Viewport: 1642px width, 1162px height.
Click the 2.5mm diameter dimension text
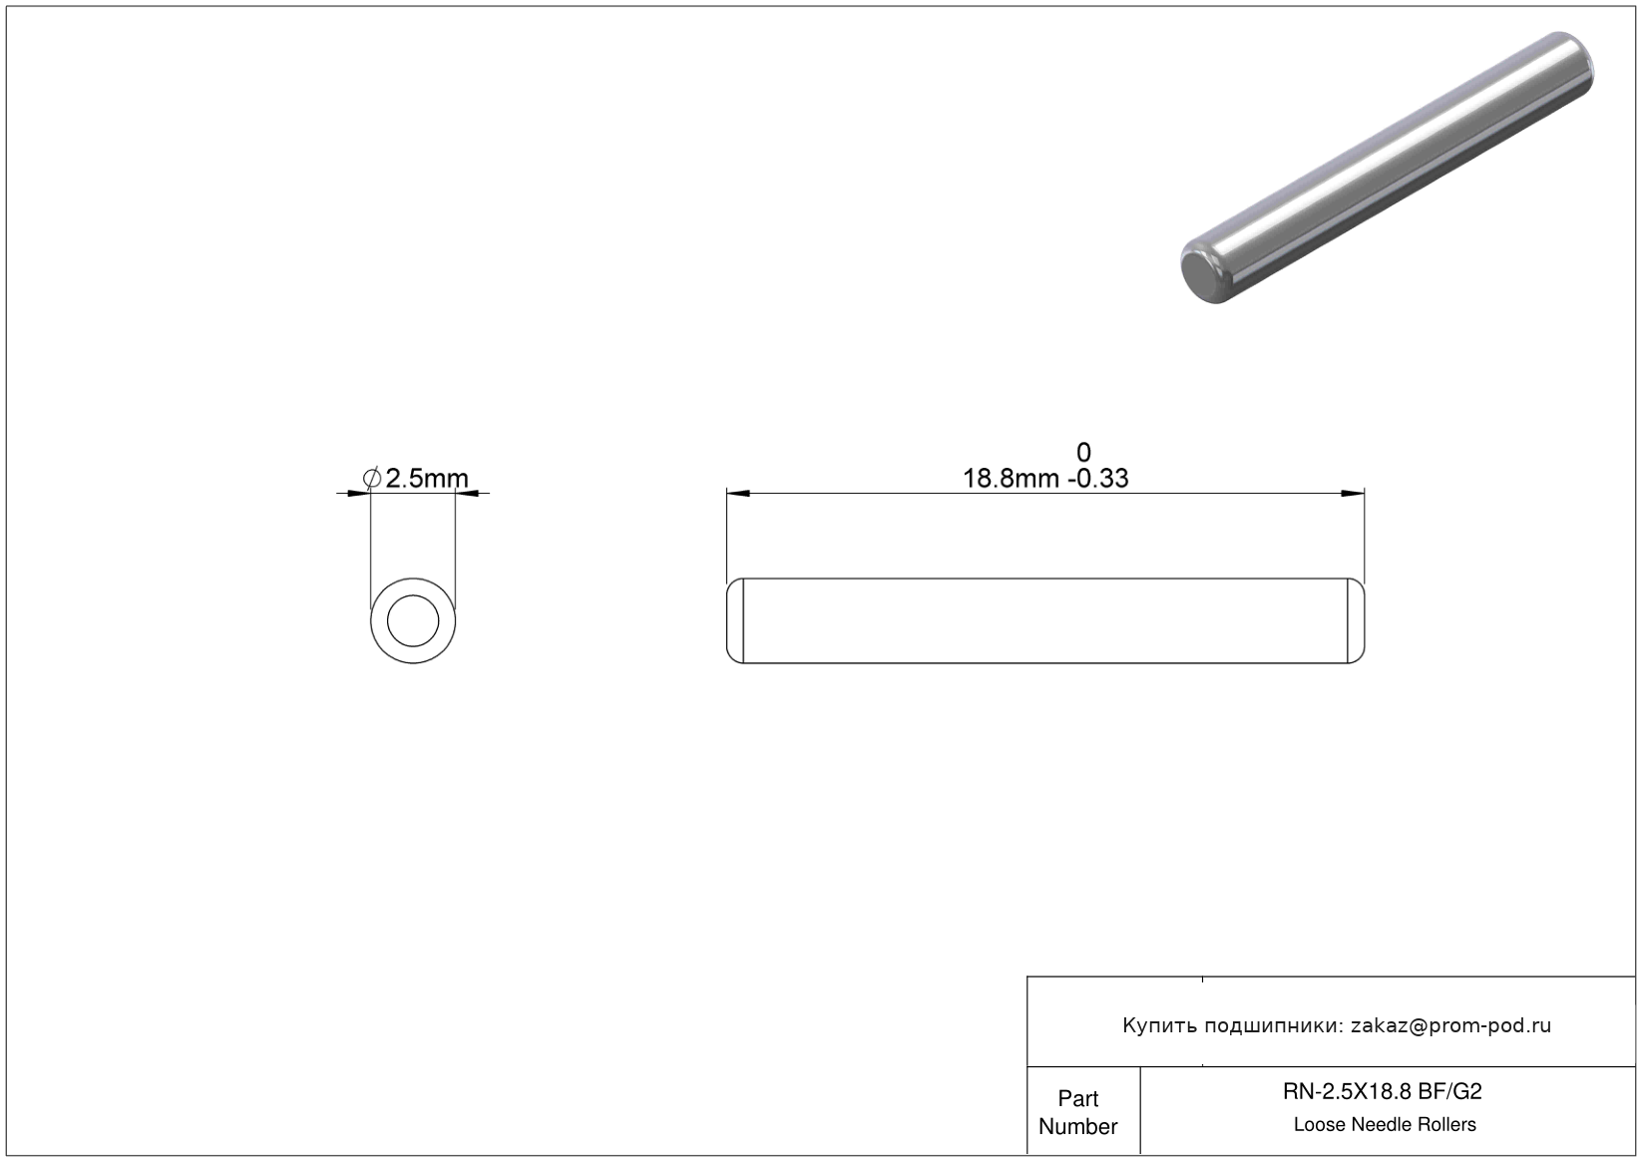tap(426, 478)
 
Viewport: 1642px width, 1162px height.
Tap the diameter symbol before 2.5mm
tap(372, 478)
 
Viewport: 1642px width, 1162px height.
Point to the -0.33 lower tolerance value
tap(1098, 478)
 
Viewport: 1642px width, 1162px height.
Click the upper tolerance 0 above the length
tap(1083, 452)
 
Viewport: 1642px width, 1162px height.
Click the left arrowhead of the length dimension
tap(738, 494)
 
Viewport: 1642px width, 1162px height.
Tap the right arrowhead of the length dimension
tap(1353, 494)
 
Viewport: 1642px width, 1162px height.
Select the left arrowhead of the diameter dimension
tap(358, 494)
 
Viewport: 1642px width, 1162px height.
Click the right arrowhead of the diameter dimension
tap(467, 494)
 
